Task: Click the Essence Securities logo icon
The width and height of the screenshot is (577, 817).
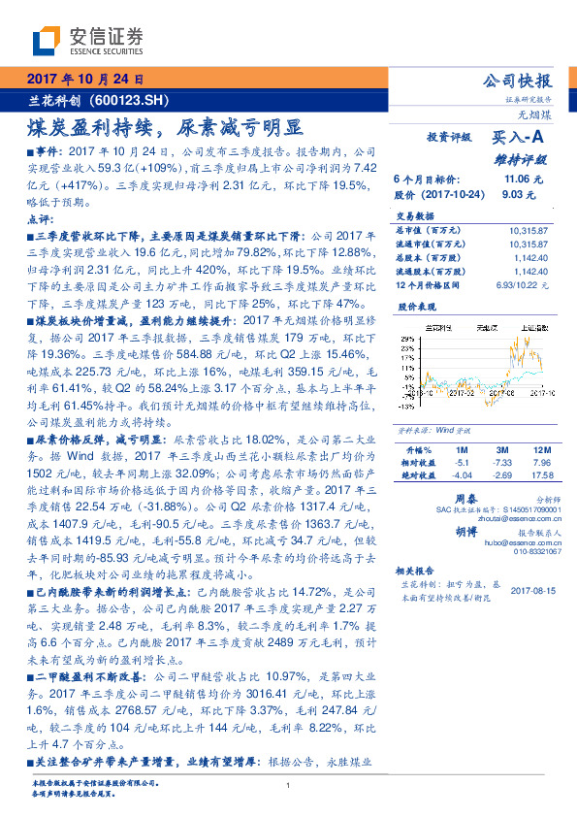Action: coord(48,41)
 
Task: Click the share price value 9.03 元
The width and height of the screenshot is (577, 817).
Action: coord(513,194)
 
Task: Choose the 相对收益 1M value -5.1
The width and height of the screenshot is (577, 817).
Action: coord(461,463)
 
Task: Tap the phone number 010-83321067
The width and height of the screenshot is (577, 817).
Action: coord(529,552)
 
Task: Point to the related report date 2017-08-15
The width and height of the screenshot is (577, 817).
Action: coord(530,590)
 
